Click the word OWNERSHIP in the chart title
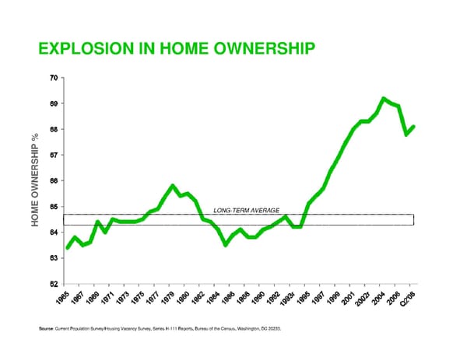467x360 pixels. pos(259,49)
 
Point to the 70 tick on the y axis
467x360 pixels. pos(52,78)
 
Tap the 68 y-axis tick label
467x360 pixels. pos(52,129)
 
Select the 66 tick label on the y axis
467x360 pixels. pos(52,180)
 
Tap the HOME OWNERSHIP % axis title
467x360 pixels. pos(36,180)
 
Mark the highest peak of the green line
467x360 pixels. pos(384,99)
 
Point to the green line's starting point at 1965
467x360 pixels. pos(68,247)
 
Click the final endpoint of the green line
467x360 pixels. pos(413,127)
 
